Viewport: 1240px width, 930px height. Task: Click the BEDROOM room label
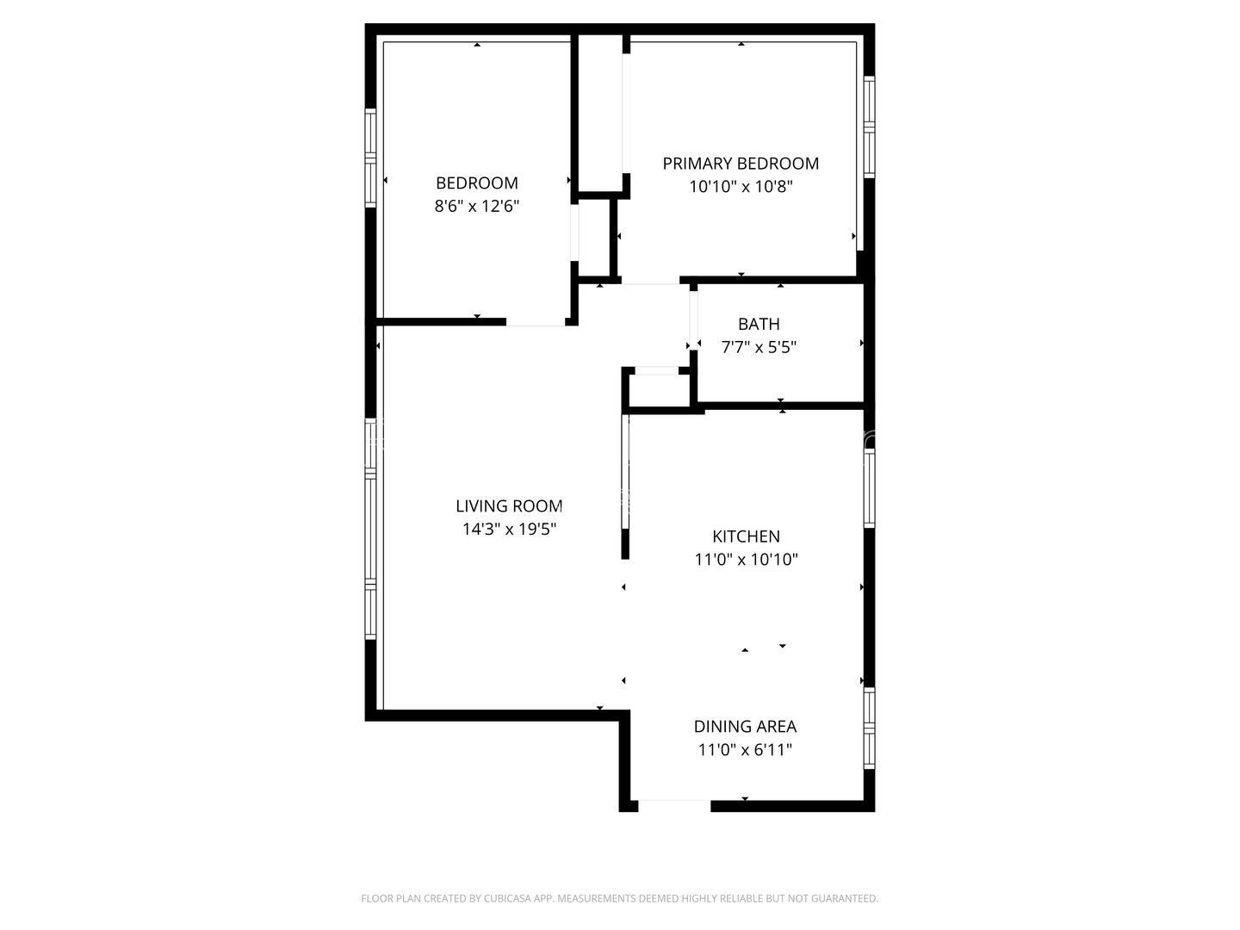(477, 183)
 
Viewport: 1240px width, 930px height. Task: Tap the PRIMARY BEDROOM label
(741, 164)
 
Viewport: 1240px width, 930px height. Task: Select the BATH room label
(759, 325)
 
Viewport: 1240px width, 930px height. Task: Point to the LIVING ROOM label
(509, 506)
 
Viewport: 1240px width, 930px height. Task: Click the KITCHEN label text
(746, 536)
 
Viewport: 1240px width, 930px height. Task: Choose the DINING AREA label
(745, 727)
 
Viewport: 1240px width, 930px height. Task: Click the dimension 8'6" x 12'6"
(477, 207)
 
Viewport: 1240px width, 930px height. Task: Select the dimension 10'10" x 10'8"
(741, 187)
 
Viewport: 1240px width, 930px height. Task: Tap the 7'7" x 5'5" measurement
(759, 348)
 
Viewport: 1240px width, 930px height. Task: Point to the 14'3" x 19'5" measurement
(509, 530)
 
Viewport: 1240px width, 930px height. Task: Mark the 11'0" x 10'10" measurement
(746, 560)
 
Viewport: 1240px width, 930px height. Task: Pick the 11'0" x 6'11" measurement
(745, 750)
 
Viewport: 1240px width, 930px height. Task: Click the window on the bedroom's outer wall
(371, 158)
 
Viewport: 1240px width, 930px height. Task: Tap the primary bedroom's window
(869, 127)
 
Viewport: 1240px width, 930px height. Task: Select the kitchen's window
(870, 488)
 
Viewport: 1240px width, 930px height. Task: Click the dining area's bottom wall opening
(674, 805)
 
